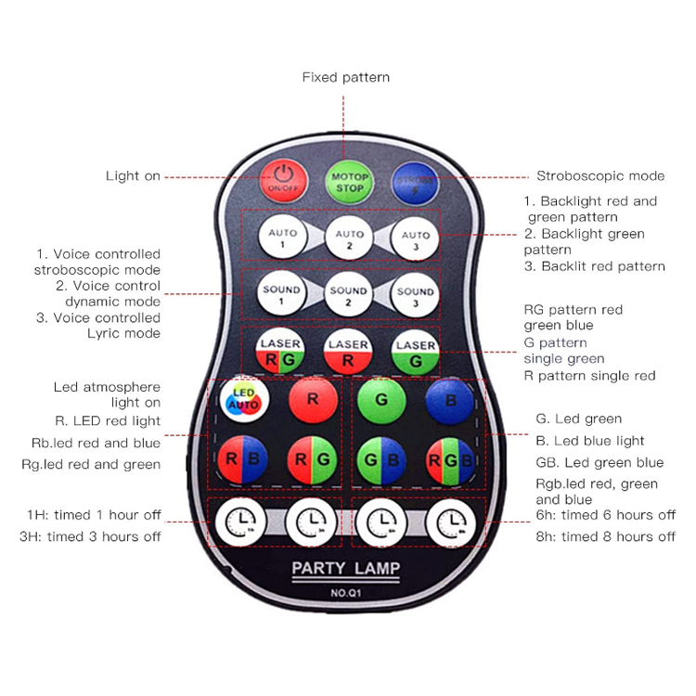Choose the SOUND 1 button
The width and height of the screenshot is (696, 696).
pos(280,294)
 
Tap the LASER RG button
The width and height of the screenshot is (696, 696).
pos(280,350)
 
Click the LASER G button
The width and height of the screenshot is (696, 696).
pos(415,350)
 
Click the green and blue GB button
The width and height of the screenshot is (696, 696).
pos(380,458)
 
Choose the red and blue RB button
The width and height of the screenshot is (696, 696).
pos(243,458)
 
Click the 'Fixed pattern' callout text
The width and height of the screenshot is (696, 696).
pos(346,78)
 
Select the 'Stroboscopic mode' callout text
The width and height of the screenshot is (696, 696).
pos(600,175)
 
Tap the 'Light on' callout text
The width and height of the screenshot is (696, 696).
pos(133,175)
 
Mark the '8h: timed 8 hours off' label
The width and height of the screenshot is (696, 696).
pos(605,536)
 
